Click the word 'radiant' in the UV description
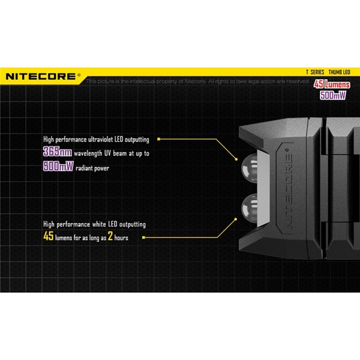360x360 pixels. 87,168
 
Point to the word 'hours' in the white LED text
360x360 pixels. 121,238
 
